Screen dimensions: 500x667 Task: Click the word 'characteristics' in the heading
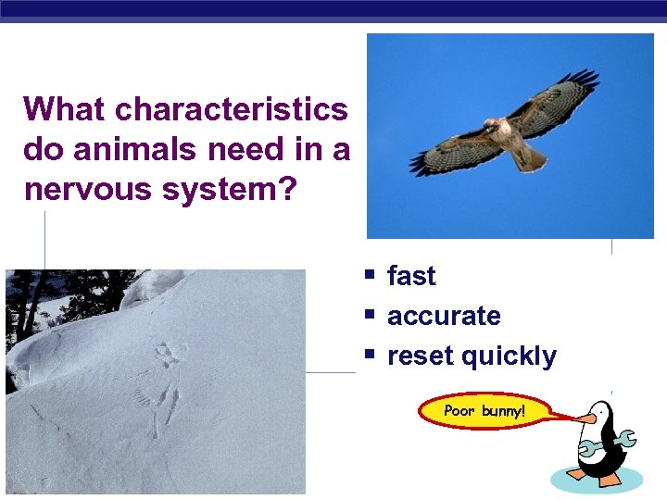231,109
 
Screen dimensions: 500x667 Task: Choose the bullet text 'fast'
411,276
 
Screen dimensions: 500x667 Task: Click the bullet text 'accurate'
444,316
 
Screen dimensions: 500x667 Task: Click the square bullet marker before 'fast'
369,276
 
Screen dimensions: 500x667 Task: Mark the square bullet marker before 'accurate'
369,316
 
